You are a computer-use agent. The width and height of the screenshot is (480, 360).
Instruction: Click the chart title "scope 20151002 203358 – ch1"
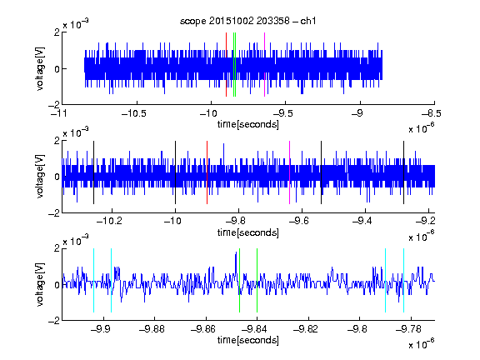click(248, 21)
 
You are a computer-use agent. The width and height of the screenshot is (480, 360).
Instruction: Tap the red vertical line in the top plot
click(226, 65)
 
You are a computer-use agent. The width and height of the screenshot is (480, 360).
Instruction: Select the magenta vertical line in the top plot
click(264, 65)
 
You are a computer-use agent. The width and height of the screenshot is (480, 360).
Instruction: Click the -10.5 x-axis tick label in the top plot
click(134, 113)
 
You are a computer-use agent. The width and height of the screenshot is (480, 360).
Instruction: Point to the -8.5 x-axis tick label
click(431, 113)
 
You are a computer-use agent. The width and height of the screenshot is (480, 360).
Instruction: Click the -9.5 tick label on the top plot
click(282, 113)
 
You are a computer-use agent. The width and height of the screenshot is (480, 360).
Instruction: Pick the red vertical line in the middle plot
click(207, 172)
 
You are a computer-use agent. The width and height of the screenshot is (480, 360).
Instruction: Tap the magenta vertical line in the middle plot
click(290, 172)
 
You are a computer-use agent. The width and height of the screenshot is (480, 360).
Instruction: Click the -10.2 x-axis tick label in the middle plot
click(109, 221)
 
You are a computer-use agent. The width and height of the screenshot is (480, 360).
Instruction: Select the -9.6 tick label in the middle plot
click(298, 221)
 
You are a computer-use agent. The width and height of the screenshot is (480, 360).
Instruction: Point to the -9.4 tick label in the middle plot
click(362, 221)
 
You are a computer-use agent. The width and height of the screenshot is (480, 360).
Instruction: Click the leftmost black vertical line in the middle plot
click(93, 172)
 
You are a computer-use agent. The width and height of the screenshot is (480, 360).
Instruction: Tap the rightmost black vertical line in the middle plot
click(404, 172)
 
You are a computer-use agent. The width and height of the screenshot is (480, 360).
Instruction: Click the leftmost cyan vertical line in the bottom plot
click(93, 280)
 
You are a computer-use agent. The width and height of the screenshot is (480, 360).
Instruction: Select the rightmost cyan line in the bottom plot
click(404, 280)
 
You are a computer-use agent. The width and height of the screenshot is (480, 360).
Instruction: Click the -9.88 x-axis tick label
click(152, 329)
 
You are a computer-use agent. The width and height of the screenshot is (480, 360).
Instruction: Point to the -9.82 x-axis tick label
click(306, 329)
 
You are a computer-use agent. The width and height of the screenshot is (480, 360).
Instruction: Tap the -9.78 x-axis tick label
click(408, 329)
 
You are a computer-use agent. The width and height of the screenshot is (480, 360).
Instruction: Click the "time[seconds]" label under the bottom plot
click(248, 340)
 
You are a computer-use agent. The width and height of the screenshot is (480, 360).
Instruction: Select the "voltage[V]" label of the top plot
click(40, 68)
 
